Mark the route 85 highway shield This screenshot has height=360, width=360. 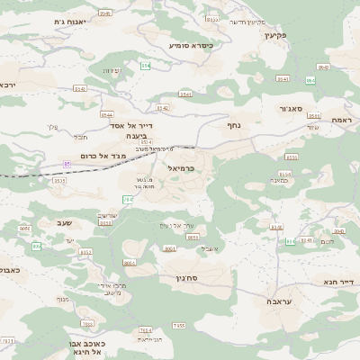coord(67,164)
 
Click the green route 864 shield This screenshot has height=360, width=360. coord(310,80)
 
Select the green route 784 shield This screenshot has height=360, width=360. coord(128,199)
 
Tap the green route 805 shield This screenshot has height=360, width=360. coord(37,246)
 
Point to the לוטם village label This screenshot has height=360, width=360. coord(328,241)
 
